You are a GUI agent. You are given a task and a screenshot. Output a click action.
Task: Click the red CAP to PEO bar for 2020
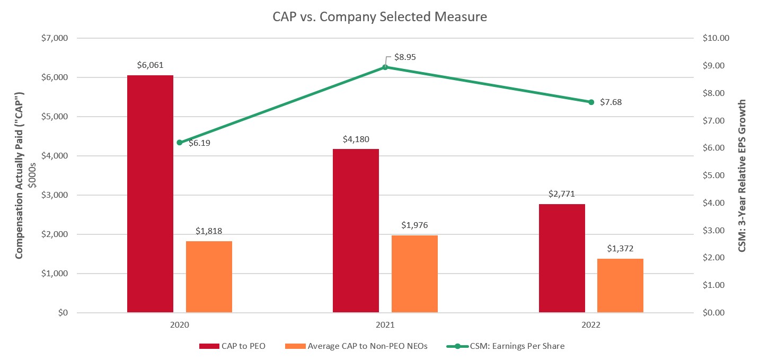[x=150, y=194]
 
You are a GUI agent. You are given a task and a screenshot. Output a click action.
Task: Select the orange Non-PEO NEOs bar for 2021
[x=414, y=274]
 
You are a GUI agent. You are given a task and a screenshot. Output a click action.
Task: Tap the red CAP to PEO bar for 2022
[x=562, y=258]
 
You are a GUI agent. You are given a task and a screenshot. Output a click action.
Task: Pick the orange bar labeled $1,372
[x=620, y=285]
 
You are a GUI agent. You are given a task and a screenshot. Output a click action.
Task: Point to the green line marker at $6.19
[x=179, y=143]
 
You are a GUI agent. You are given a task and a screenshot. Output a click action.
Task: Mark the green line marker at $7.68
[x=591, y=102]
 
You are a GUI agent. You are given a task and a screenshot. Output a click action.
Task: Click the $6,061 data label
[x=150, y=65]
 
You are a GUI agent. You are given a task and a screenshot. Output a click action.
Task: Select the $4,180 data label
[x=356, y=139]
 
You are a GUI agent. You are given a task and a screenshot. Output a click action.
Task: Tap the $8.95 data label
[x=405, y=57]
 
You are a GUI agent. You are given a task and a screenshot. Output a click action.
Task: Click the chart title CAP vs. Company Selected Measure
[x=379, y=17]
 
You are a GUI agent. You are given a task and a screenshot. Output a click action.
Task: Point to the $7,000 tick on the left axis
[x=55, y=38]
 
